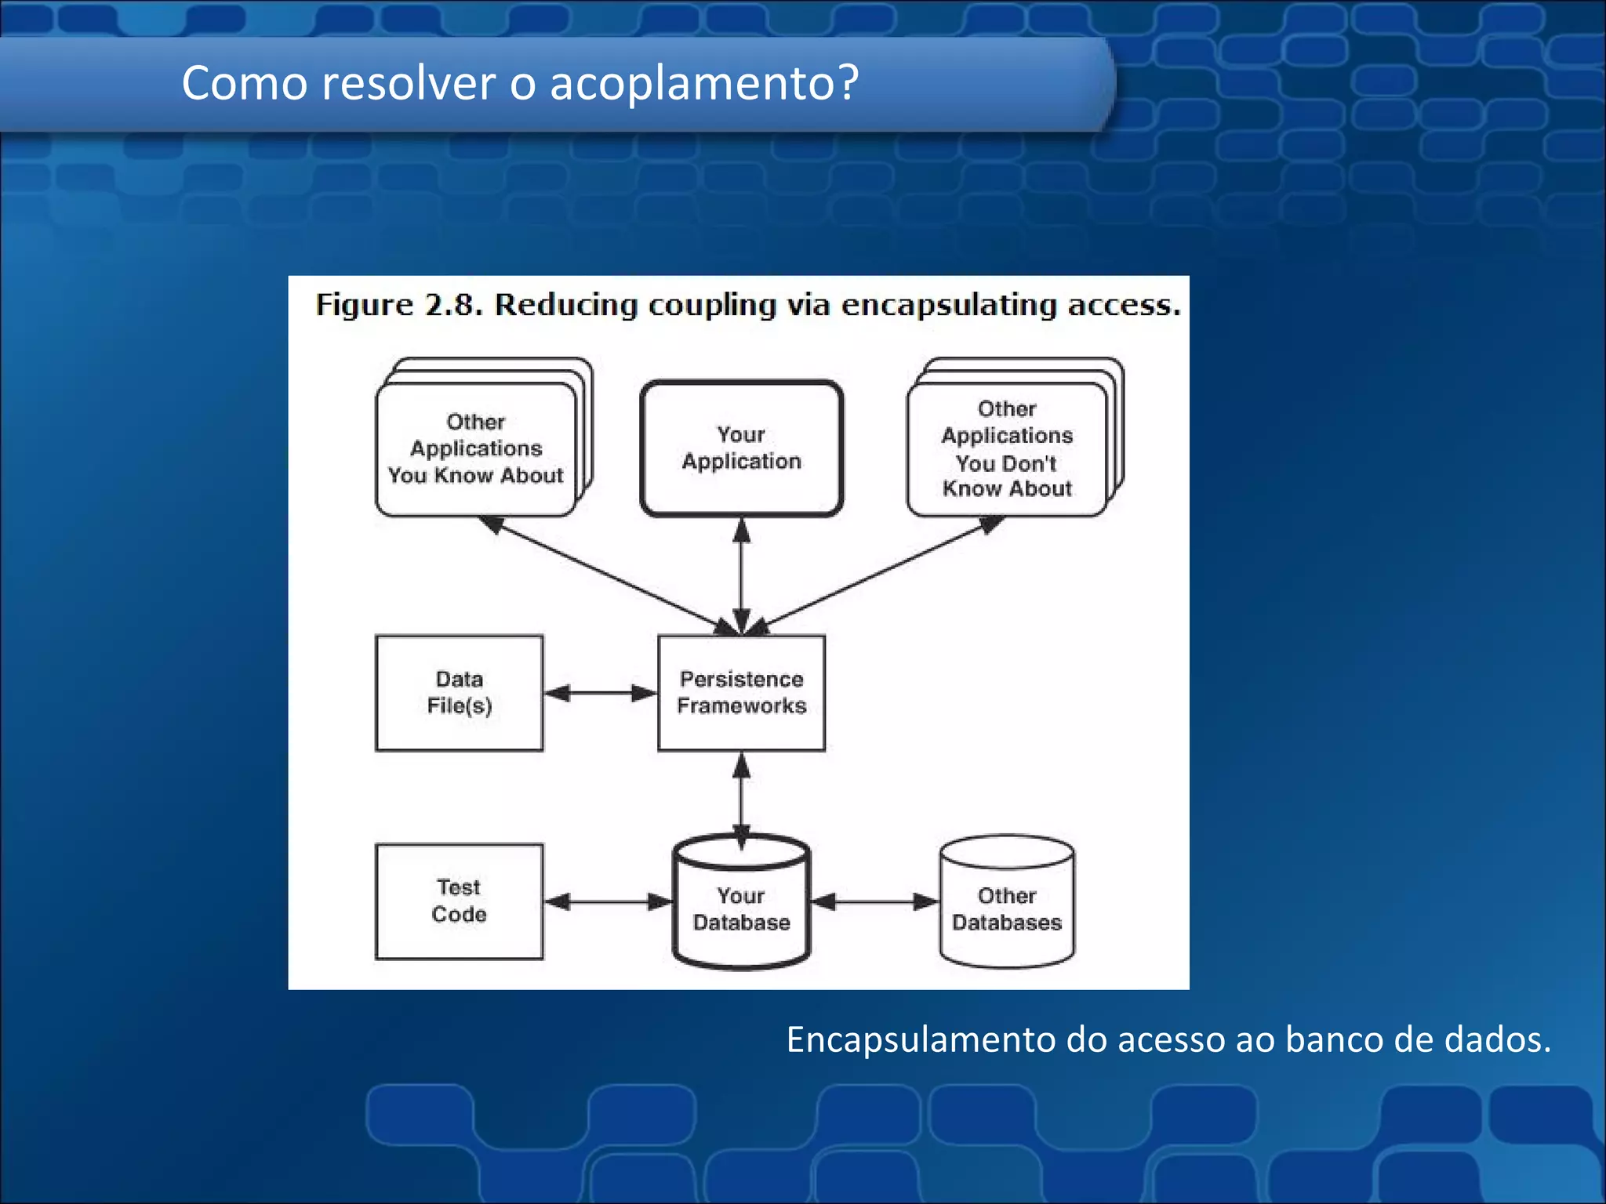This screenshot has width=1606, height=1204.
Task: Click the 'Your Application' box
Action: (741, 448)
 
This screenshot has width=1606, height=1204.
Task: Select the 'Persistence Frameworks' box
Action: (741, 693)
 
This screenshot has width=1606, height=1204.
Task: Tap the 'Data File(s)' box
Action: (459, 693)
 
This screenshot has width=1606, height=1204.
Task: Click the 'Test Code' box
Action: (459, 901)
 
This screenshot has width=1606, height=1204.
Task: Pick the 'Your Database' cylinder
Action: (741, 909)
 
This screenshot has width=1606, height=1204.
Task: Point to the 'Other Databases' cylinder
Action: (1007, 909)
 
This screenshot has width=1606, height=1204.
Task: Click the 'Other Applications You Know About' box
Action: (476, 449)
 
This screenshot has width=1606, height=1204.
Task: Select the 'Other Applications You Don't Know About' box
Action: (1007, 449)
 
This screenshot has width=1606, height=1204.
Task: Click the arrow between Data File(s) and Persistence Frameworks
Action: (600, 693)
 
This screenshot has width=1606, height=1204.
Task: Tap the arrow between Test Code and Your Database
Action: (608, 902)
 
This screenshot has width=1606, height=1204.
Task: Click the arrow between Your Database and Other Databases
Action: (874, 902)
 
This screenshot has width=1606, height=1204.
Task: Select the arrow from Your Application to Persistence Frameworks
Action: (742, 576)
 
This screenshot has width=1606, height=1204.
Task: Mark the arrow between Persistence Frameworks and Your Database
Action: (742, 796)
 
